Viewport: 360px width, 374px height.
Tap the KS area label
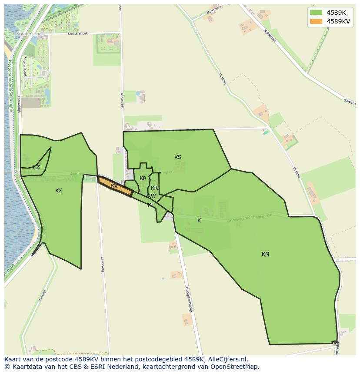coord(178,157)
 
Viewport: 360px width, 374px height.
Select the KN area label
coord(265,254)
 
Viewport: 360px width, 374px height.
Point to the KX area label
coord(59,191)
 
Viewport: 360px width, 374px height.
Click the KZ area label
coord(37,167)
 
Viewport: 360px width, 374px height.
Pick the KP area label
coord(143,179)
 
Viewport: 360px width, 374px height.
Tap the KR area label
coord(154,188)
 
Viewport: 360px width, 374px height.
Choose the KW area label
coord(152,196)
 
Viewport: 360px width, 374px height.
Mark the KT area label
coord(151,205)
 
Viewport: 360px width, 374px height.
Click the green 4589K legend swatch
coord(316,13)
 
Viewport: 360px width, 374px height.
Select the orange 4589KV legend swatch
coord(316,21)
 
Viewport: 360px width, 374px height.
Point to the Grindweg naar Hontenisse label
coord(249,218)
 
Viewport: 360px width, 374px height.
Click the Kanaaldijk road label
coord(19,104)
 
